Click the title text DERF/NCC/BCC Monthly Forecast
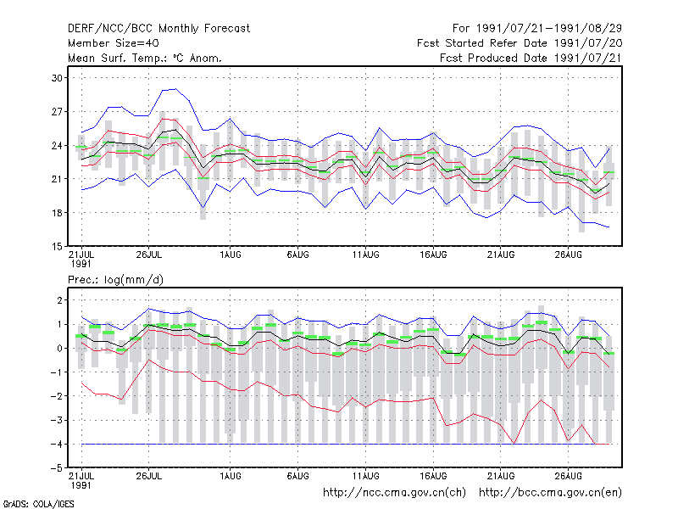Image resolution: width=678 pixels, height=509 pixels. [x=158, y=29]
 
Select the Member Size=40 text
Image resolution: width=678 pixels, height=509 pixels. [x=114, y=43]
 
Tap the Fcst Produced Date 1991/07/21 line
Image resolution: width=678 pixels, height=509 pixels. [x=531, y=58]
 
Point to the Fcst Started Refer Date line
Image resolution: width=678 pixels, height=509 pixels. [x=520, y=43]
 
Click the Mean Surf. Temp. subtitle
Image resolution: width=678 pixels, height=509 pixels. [x=144, y=58]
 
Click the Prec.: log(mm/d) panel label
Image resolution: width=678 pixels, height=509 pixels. [x=115, y=280]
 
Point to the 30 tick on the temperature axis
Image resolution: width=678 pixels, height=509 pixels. [x=57, y=78]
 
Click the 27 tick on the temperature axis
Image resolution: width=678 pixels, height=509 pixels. [x=57, y=112]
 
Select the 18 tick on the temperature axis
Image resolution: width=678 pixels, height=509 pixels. [x=57, y=213]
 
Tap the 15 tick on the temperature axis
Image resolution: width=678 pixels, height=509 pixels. [x=57, y=246]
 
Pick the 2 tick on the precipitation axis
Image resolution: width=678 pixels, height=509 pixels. [x=59, y=300]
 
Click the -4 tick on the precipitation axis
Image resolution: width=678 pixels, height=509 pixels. [x=56, y=444]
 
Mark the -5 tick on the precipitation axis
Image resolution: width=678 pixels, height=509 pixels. [x=56, y=468]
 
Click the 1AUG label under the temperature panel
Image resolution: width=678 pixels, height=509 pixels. [x=230, y=255]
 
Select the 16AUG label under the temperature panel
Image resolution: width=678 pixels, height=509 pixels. [x=433, y=255]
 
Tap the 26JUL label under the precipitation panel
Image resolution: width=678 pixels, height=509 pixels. [x=149, y=476]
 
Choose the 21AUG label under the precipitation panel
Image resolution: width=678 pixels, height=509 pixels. [x=501, y=476]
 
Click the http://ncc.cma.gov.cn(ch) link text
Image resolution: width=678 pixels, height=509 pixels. [x=394, y=493]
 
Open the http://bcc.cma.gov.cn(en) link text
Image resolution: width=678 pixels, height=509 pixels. [x=550, y=493]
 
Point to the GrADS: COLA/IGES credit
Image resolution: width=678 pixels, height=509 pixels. [x=38, y=504]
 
